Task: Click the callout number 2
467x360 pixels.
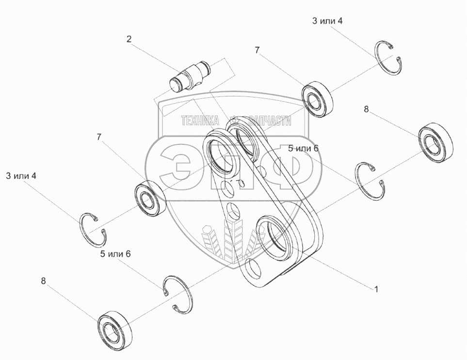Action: click(x=129, y=39)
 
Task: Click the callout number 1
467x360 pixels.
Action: click(x=376, y=289)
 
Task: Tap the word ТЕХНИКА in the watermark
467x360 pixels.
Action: click(x=200, y=121)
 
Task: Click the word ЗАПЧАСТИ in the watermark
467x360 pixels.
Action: click(x=270, y=121)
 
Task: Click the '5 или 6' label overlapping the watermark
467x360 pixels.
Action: click(x=303, y=148)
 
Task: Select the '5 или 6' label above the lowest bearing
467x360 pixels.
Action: click(x=115, y=254)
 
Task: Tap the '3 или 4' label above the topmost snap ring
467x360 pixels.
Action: click(x=327, y=21)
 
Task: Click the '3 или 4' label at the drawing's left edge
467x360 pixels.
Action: click(x=21, y=176)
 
